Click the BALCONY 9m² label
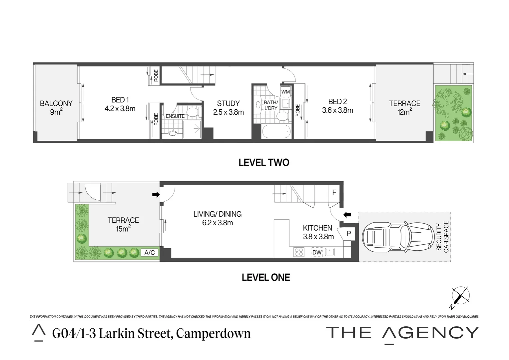pyautogui.click(x=56, y=108)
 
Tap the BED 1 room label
pyautogui.click(x=120, y=104)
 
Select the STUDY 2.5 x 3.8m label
pyautogui.click(x=228, y=108)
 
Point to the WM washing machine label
pyautogui.click(x=285, y=92)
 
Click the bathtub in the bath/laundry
pyautogui.click(x=276, y=132)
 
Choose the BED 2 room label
pyautogui.click(x=337, y=106)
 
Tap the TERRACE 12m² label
pyautogui.click(x=404, y=108)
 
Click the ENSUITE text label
pyautogui.click(x=175, y=116)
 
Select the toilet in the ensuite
pyautogui.click(x=193, y=112)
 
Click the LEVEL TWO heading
pyautogui.click(x=264, y=163)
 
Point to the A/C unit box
pyautogui.click(x=150, y=253)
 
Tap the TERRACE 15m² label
pyautogui.click(x=123, y=224)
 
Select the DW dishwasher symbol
pyautogui.click(x=317, y=252)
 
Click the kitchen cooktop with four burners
pyautogui.click(x=299, y=252)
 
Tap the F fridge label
pyautogui.click(x=334, y=193)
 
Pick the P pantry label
pyautogui.click(x=348, y=234)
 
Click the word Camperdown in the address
pyautogui.click(x=213, y=333)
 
